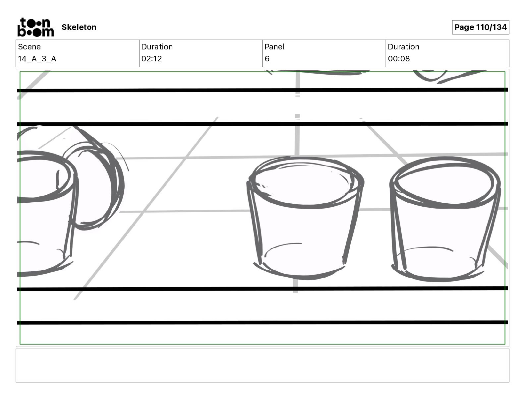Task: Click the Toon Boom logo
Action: tap(36, 27)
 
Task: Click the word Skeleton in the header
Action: tap(79, 27)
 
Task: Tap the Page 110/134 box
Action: tap(480, 27)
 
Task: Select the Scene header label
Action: tap(29, 47)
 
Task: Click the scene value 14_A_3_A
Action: tap(37, 59)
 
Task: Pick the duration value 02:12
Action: tap(151, 59)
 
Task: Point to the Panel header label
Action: tap(274, 47)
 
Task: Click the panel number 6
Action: tap(267, 59)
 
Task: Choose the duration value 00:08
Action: tap(399, 59)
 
